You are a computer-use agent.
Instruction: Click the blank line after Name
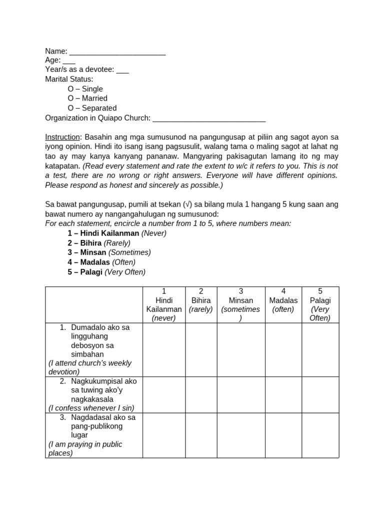point(117,52)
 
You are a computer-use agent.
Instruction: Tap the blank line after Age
point(69,61)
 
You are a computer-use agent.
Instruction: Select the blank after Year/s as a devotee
point(122,70)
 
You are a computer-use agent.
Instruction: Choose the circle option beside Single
point(71,89)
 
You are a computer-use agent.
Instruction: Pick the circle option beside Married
point(71,98)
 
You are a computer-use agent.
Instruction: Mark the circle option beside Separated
point(71,108)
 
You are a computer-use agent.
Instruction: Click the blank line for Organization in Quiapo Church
point(209,118)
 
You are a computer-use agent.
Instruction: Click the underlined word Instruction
point(62,137)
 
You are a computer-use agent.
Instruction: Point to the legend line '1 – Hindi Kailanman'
point(117,233)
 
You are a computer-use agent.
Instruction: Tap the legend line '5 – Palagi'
point(106,272)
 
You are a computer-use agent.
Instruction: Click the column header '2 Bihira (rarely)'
point(201,304)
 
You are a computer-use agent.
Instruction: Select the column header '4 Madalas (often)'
point(283,304)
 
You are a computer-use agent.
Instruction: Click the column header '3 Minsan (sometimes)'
point(241,304)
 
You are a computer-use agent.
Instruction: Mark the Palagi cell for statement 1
point(320,349)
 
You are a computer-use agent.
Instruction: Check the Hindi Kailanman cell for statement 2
point(164,394)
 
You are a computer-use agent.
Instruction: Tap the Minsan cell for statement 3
point(241,435)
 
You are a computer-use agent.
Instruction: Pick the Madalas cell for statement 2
point(283,394)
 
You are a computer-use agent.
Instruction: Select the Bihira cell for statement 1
point(201,349)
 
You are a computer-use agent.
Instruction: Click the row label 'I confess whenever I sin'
point(91,408)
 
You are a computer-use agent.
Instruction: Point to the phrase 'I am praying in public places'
point(85,448)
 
